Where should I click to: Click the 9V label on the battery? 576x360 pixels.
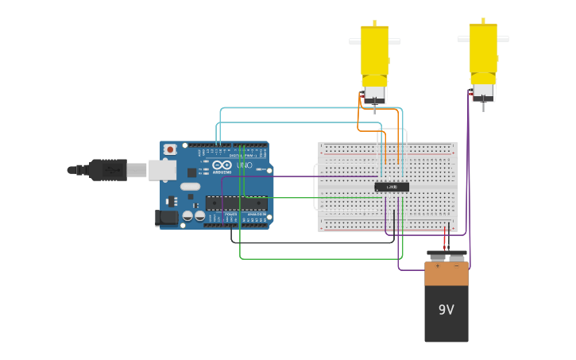click(446, 310)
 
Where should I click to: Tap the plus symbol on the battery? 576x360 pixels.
click(436, 267)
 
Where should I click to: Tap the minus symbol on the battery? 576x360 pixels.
click(456, 267)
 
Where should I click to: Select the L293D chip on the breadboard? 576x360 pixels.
click(392, 187)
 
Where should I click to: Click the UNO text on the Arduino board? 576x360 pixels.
click(245, 165)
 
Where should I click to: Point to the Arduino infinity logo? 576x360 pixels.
click(222, 165)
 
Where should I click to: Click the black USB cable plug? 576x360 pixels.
click(107, 169)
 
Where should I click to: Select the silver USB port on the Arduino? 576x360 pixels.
click(162, 169)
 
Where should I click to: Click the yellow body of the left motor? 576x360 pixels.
click(374, 52)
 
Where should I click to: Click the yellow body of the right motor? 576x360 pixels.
click(482, 49)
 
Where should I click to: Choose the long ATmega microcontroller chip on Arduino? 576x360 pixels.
click(236, 203)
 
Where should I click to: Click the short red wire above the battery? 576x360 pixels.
click(445, 237)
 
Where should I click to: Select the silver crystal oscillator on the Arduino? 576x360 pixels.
click(190, 187)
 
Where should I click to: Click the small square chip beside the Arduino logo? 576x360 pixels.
click(191, 172)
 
